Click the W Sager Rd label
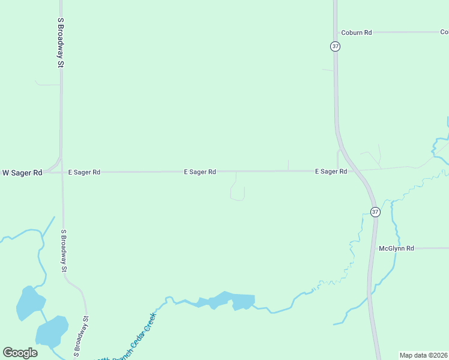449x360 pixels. tap(22, 173)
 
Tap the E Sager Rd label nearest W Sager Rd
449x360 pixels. tap(84, 172)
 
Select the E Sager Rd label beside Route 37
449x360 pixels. tap(331, 172)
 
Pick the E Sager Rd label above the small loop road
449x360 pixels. tap(200, 172)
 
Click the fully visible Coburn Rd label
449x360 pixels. tap(357, 32)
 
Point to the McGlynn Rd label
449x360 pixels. tap(396, 248)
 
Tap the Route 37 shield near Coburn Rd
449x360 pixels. tap(335, 46)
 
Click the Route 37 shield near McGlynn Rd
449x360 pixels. tap(375, 212)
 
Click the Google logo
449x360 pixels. tap(20, 353)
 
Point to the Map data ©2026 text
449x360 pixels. tap(424, 355)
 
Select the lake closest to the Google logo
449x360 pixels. tap(51, 331)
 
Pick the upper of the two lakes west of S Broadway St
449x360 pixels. tap(29, 303)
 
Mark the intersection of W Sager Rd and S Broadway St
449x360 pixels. tap(61, 172)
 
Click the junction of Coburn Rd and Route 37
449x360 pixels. tap(335, 32)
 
